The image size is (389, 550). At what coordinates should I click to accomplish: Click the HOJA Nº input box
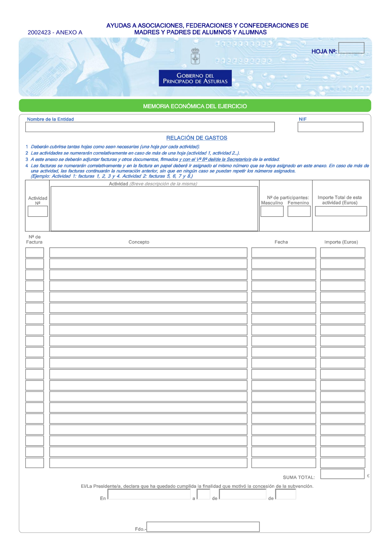tap(351, 48)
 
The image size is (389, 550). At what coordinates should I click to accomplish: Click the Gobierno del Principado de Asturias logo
tap(195, 78)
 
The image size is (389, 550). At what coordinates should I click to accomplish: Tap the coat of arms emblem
tap(195, 56)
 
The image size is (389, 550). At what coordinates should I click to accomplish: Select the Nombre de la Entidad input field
tap(150, 127)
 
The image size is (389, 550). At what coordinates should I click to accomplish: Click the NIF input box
tap(330, 127)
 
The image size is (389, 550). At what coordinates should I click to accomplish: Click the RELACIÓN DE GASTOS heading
tap(197, 138)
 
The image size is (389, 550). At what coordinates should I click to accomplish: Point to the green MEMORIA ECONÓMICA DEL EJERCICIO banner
tap(195, 106)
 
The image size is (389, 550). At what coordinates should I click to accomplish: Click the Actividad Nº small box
tap(38, 211)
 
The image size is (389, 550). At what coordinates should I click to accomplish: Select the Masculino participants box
tap(272, 211)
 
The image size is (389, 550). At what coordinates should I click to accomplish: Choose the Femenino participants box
tap(299, 211)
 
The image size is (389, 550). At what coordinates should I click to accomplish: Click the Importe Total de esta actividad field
tap(341, 211)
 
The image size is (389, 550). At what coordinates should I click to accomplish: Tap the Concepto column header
tap(139, 242)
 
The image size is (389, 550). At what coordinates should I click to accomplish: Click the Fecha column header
tap(281, 242)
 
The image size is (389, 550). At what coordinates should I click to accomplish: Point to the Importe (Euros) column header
tap(341, 242)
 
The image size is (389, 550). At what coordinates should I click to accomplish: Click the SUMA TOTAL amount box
tap(342, 474)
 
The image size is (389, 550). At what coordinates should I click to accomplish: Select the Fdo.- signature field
tap(203, 527)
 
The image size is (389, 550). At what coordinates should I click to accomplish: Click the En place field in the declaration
tap(149, 494)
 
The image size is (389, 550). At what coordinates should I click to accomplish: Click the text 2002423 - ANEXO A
tap(55, 33)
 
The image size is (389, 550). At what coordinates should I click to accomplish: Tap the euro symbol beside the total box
tap(368, 476)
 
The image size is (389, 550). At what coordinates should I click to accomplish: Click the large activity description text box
tap(154, 209)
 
